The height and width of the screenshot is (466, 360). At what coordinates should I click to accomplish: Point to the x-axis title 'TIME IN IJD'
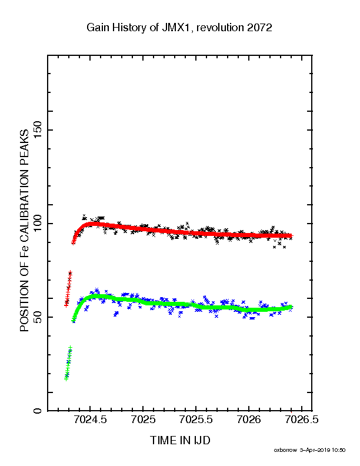click(180, 440)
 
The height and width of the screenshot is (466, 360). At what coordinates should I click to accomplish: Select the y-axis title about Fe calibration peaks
click(24, 231)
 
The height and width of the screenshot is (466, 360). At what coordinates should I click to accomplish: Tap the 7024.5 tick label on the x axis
click(90, 420)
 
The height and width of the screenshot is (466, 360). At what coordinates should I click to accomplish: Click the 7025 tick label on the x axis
click(143, 420)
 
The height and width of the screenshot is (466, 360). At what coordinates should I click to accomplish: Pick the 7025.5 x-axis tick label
click(196, 420)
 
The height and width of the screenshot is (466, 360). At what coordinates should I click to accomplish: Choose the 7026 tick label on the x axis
click(249, 420)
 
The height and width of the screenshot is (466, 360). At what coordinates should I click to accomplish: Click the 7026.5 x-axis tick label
click(302, 420)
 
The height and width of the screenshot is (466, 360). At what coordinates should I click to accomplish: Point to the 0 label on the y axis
click(38, 411)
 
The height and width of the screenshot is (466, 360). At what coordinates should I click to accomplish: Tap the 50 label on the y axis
click(38, 317)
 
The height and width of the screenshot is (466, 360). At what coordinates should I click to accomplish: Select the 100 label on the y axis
click(38, 224)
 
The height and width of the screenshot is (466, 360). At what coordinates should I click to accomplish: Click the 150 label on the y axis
click(38, 130)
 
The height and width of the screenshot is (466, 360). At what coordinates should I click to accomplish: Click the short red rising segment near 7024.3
click(68, 288)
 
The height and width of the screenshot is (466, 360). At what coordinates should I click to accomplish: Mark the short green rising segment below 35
click(68, 363)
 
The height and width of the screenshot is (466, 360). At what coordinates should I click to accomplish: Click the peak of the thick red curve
click(93, 224)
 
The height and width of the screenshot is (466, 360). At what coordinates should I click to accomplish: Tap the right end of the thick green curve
click(291, 307)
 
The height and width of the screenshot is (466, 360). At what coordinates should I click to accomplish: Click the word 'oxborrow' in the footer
click(285, 450)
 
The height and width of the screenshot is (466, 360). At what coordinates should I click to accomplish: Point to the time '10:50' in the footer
click(339, 450)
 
